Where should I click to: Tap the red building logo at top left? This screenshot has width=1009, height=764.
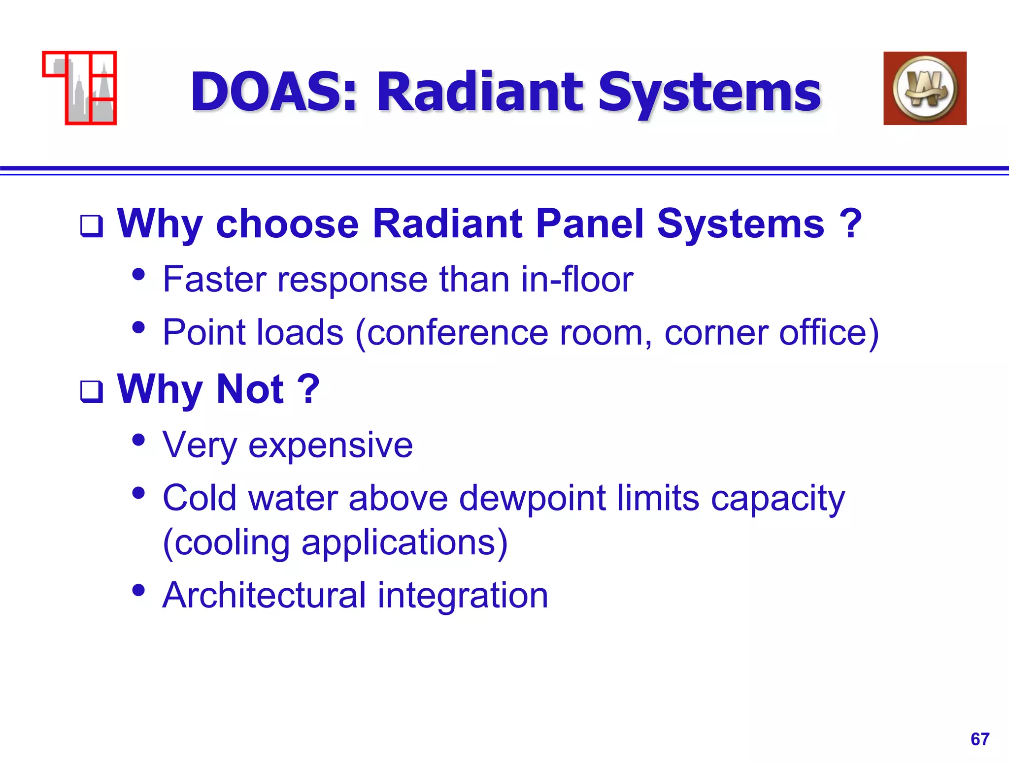tap(80, 88)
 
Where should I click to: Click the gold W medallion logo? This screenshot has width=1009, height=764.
tap(925, 89)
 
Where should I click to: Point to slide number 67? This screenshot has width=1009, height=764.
tap(979, 739)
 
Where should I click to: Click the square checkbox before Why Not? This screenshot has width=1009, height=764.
tap(92, 392)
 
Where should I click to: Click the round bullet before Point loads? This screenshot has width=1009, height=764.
tap(139, 327)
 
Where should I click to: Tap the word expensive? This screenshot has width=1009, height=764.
tap(331, 445)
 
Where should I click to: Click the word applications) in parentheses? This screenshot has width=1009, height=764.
tap(404, 543)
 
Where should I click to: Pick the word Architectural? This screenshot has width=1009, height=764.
tap(264, 595)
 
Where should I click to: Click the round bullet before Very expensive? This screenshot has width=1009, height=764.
tap(139, 440)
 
